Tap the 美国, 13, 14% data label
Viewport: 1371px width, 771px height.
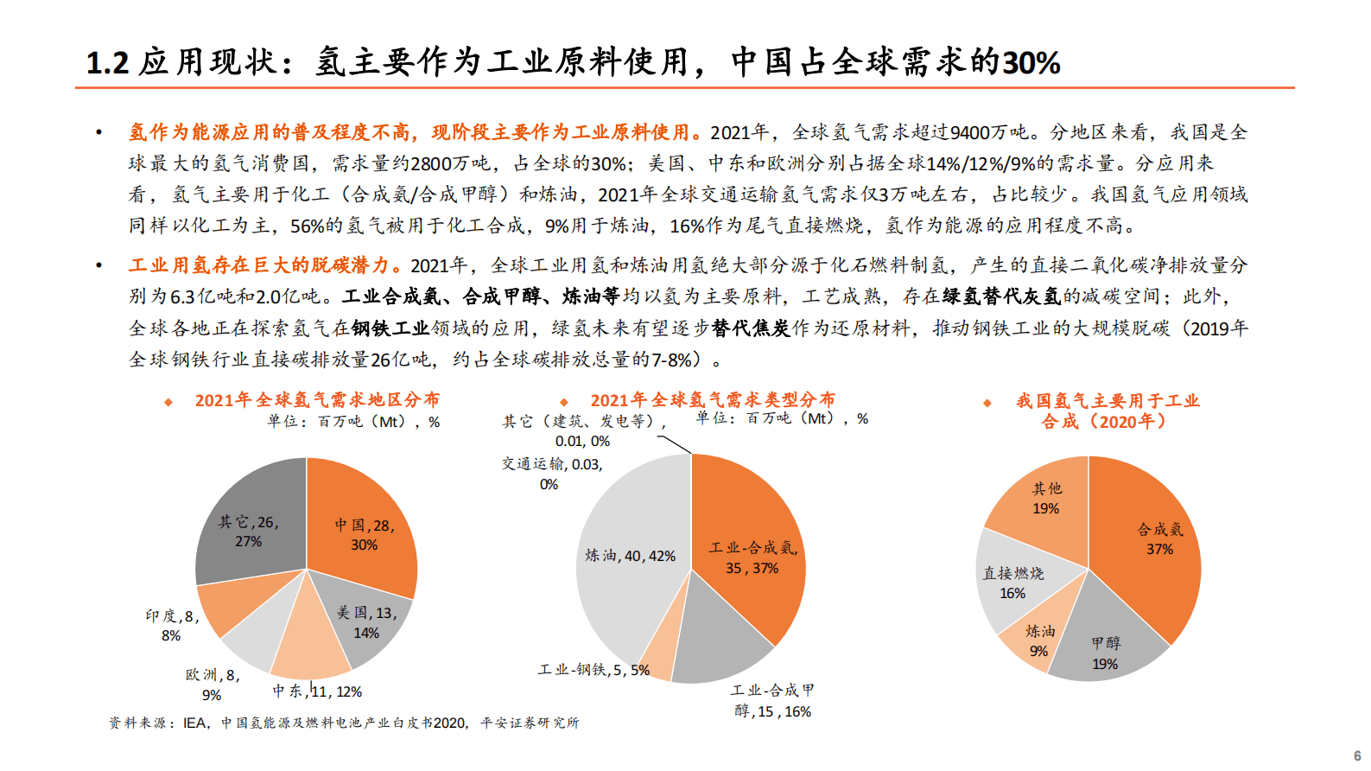click(366, 622)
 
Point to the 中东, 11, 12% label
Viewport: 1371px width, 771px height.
click(317, 691)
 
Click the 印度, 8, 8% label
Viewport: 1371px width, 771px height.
click(171, 625)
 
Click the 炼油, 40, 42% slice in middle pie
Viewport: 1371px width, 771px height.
click(630, 556)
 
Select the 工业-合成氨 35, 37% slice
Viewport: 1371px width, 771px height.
click(752, 558)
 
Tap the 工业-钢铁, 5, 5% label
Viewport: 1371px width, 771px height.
click(593, 670)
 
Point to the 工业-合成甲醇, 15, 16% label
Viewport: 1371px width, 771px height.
click(772, 701)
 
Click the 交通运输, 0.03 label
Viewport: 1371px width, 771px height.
click(552, 474)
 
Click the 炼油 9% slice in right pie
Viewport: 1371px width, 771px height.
click(1039, 640)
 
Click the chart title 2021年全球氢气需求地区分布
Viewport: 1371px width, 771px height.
click(317, 400)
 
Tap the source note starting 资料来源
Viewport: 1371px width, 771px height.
click(344, 723)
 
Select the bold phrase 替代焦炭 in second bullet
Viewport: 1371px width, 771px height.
click(752, 328)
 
